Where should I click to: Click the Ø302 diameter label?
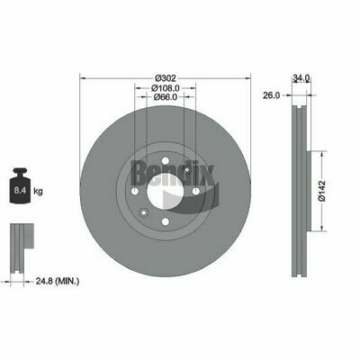[166, 78]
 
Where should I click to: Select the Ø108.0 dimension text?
[166, 88]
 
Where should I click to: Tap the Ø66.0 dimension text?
[166, 97]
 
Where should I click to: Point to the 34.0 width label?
[301, 78]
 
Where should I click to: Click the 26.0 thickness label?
[271, 95]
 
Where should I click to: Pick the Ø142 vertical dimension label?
[321, 191]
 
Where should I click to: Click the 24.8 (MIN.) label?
[58, 281]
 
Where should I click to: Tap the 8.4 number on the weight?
[20, 190]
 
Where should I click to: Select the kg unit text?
[38, 191]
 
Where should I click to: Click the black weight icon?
[20, 185]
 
